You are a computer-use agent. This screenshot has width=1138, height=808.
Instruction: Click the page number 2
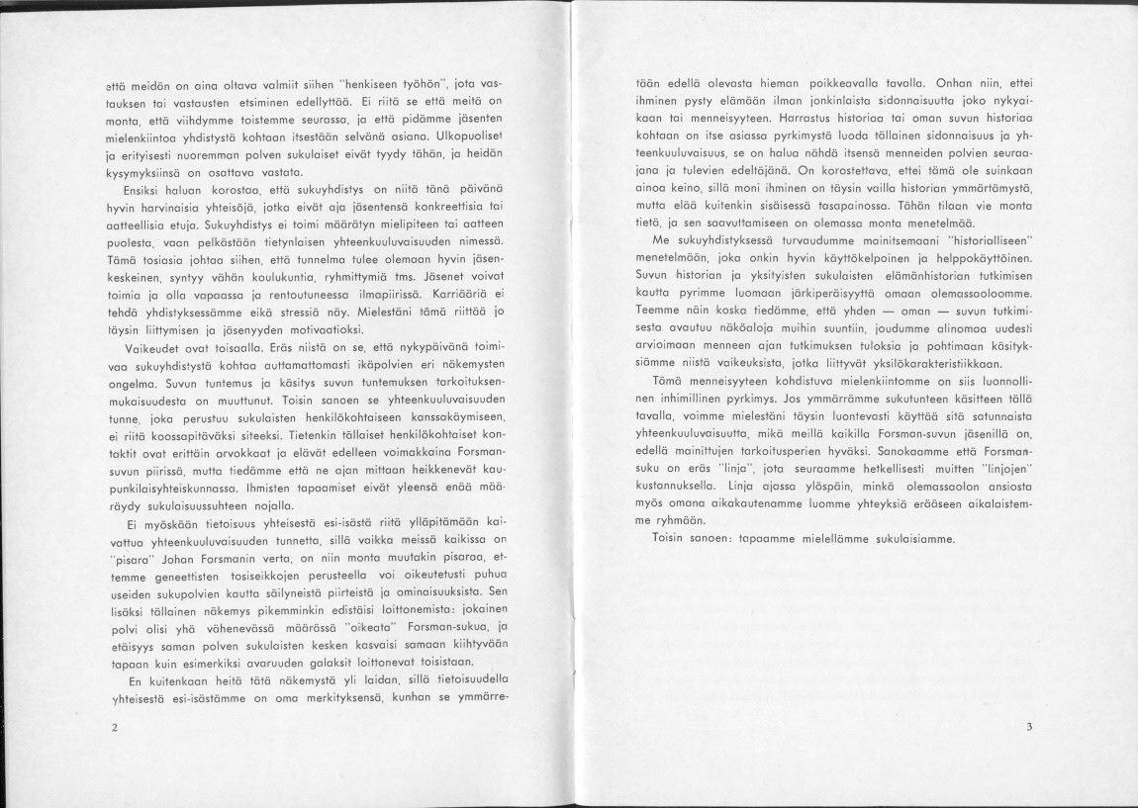pyautogui.click(x=116, y=728)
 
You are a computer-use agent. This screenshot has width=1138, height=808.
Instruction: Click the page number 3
pyautogui.click(x=1029, y=727)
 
